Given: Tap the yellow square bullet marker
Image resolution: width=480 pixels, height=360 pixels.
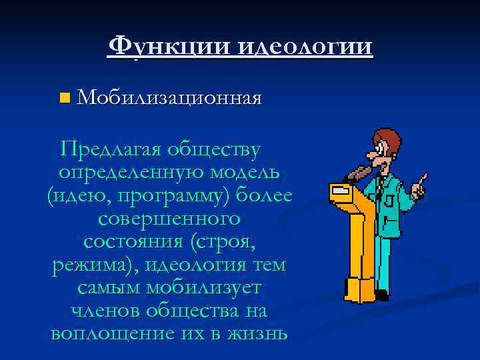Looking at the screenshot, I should [63, 99].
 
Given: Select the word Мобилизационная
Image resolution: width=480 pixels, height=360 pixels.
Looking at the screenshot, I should [168, 99].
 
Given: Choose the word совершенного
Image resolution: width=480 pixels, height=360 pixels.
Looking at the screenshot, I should [169, 218].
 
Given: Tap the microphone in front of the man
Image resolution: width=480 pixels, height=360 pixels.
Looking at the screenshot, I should [359, 173].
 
